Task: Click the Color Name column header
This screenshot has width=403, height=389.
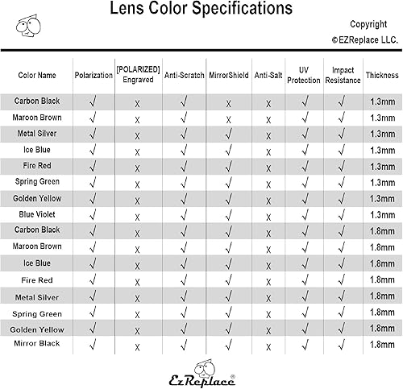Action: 37,76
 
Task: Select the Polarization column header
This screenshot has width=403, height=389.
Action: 93,76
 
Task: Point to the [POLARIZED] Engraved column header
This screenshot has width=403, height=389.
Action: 139,76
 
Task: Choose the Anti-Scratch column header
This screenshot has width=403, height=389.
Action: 185,76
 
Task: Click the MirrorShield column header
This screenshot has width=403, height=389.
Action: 229,76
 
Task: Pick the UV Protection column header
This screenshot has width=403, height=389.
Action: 304,76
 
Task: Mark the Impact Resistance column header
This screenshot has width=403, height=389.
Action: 342,76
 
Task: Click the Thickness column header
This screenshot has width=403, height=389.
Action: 381,76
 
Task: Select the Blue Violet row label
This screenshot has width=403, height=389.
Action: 37,214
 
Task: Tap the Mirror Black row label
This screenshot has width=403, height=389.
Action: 37,344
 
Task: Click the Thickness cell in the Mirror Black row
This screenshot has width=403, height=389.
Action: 381,344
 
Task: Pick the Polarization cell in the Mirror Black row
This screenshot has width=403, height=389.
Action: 93,344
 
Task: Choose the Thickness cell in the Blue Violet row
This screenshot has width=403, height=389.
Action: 381,214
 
